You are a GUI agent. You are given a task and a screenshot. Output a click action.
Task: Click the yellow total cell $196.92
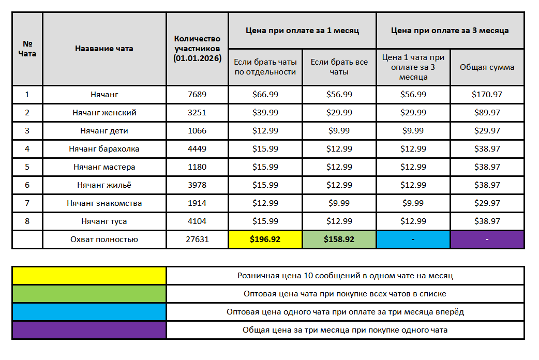[265, 239]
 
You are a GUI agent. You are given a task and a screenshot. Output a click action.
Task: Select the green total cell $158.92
[339, 239]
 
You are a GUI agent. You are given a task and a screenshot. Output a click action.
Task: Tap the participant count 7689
[197, 95]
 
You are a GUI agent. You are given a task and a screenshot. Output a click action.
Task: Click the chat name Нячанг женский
[104, 113]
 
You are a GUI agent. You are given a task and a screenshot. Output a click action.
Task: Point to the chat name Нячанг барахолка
[104, 149]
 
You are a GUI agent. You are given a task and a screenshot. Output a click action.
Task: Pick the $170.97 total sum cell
[486, 95]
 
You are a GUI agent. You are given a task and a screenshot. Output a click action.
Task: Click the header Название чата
[104, 49]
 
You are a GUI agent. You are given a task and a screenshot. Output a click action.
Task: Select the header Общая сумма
[487, 67]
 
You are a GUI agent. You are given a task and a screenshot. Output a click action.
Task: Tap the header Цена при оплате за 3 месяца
[450, 31]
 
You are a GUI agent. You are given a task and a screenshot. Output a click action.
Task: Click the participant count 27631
[197, 239]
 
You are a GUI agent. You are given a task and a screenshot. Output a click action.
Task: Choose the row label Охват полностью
[104, 239]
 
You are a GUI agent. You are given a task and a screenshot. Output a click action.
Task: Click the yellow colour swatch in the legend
[89, 276]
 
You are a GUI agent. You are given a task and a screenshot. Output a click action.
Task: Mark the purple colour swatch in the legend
[89, 330]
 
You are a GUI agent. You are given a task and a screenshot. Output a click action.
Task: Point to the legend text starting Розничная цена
[345, 276]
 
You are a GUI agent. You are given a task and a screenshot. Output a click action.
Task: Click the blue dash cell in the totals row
[413, 239]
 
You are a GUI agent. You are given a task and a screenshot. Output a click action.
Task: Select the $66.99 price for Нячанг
[265, 95]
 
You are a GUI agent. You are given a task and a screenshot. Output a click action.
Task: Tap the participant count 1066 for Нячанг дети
[197, 131]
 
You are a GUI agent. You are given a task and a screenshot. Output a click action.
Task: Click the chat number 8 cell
[27, 221]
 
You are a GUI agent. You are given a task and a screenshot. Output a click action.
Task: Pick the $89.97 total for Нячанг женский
[486, 113]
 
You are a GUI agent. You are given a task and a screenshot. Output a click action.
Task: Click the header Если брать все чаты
[339, 67]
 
